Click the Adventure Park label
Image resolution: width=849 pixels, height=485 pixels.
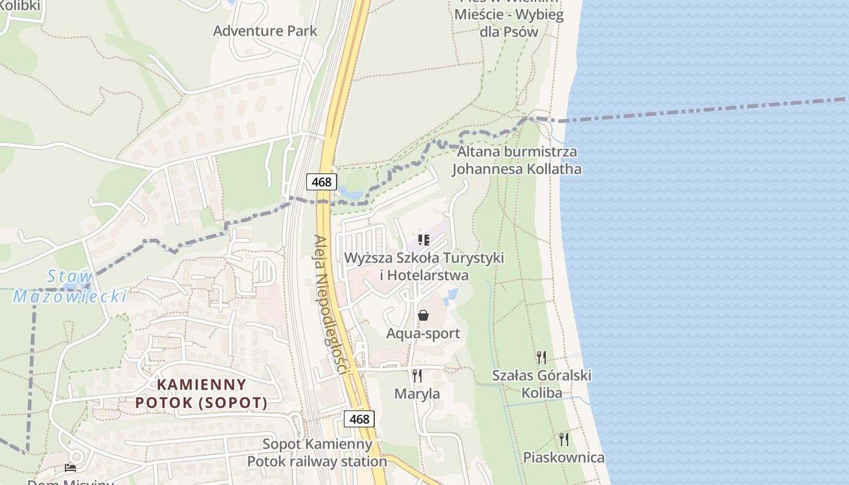[265, 31]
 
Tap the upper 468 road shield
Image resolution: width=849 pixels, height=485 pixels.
[321, 182]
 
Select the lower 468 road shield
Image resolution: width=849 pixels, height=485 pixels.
[359, 419]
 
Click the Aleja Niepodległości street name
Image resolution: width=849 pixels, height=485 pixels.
[330, 303]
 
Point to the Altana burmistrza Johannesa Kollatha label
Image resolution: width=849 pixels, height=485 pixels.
[517, 160]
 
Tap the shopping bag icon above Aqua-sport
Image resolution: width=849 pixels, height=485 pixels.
[423, 315]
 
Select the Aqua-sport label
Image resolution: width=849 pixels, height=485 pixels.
[423, 333]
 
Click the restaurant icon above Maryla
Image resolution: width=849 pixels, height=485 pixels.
[417, 375]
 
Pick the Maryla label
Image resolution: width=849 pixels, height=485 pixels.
[417, 393]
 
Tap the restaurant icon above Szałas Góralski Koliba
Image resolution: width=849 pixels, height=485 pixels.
[542, 357]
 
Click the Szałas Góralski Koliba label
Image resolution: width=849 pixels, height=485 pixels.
[542, 384]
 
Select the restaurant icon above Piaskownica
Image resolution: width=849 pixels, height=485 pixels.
[564, 439]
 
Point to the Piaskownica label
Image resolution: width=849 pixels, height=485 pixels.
[564, 457]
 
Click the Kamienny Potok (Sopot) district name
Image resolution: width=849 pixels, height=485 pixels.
[201, 393]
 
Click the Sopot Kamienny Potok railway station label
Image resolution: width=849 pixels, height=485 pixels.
[317, 452]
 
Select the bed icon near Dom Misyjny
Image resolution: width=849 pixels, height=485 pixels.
[70, 468]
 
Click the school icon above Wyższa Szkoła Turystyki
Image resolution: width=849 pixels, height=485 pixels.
[423, 240]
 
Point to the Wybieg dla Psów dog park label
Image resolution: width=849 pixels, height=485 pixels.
[509, 22]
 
